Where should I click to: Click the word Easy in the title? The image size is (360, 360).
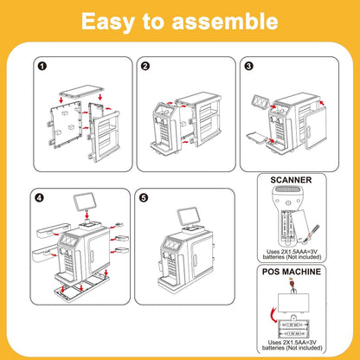coord(108,22)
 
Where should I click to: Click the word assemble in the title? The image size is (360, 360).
coord(225,21)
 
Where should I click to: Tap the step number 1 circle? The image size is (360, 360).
coord(42,67)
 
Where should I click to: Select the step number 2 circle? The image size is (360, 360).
coord(145,67)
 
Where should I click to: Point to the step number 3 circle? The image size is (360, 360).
coord(248,67)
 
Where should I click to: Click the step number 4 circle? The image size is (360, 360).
coord(40,198)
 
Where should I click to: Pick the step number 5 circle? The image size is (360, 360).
coord(144,198)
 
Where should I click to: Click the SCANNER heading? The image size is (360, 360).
coord(291,180)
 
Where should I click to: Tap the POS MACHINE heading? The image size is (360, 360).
coord(292,272)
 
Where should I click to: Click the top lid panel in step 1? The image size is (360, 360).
coord(81,92)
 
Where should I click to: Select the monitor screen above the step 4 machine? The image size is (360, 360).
coord(84,202)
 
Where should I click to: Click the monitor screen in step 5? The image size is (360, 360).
coord(188,216)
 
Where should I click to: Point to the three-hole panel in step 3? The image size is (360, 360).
coord(260,102)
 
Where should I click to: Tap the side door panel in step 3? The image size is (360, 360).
coord(315,127)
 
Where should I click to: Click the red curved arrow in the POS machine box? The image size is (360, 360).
coord(273,313)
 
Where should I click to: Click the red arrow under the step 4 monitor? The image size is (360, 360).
coord(87,215)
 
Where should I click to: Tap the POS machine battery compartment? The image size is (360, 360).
coord(293,329)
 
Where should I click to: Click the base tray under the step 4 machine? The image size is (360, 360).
coord(81,286)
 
